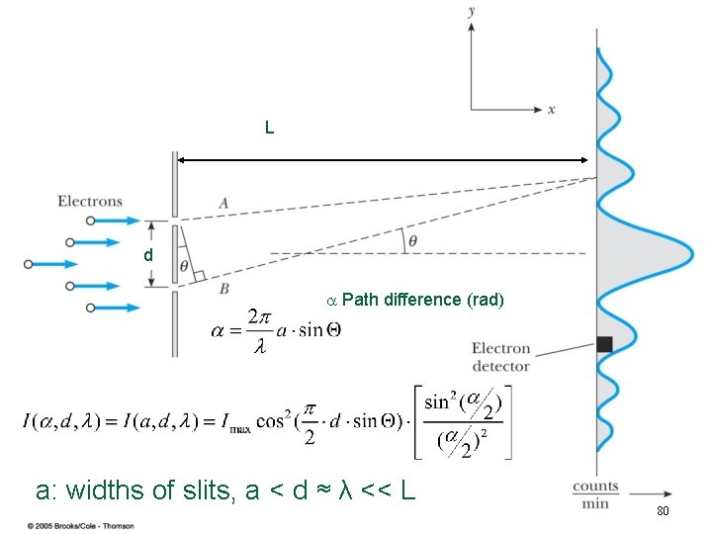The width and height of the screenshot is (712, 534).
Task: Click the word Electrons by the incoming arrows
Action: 90,202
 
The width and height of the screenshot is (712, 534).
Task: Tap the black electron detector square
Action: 605,344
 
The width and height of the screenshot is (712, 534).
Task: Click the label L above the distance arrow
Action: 269,128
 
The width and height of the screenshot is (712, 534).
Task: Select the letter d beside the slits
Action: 147,255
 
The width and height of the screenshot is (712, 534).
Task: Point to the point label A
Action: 224,203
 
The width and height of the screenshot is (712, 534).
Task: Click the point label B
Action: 224,288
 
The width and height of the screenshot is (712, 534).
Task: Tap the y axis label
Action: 473,10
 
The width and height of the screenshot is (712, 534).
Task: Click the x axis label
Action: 551,109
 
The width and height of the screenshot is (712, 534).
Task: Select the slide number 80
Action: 663,511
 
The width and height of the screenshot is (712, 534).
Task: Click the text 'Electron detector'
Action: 500,357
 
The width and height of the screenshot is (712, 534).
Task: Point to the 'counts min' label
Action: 595,494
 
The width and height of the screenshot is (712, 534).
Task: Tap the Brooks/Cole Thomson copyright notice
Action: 80,524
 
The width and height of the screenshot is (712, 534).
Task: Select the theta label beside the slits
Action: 185,265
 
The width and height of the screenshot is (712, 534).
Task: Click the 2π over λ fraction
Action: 258,330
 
